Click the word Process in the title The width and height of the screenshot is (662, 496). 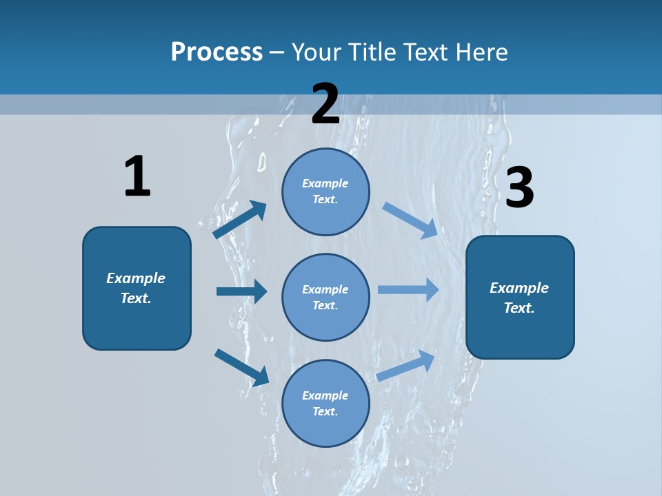(217, 52)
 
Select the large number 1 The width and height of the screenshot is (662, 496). (137, 176)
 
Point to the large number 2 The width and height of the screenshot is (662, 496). (325, 104)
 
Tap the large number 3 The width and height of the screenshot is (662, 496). (519, 188)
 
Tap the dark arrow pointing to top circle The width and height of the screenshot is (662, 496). (240, 220)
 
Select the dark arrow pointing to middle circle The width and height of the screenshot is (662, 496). (241, 291)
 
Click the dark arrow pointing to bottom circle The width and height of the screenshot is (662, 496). (241, 367)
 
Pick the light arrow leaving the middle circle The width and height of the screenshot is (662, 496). (408, 290)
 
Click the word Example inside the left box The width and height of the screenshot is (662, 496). (136, 278)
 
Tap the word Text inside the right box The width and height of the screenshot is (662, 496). (519, 308)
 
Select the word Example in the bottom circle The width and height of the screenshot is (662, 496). (325, 395)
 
